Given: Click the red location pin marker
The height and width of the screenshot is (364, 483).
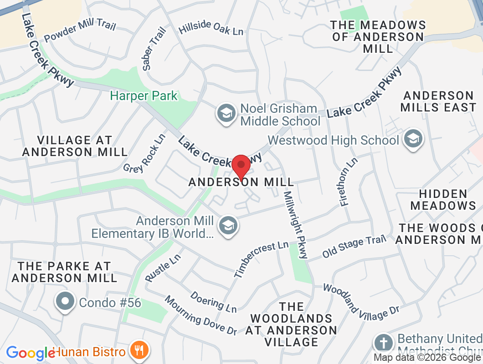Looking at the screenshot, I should [x=241, y=167].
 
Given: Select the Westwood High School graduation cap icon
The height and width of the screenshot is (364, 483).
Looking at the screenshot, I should [x=413, y=140].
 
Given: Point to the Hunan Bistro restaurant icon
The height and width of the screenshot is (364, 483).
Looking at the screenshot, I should [x=138, y=351].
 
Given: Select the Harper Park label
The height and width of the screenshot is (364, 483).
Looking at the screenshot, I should [x=144, y=96].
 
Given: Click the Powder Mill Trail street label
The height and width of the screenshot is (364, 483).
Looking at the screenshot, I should [x=80, y=31].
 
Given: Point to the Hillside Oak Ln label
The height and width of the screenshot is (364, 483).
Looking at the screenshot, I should [x=211, y=29].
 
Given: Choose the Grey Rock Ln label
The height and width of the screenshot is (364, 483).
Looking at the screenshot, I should [x=144, y=153].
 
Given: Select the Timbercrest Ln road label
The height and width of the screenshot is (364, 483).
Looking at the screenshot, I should [x=261, y=259].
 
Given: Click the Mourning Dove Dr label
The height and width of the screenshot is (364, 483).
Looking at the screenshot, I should [x=201, y=315].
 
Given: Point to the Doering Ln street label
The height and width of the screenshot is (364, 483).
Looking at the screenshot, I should [x=214, y=302].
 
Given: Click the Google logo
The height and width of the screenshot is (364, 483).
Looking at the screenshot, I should [x=31, y=353].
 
